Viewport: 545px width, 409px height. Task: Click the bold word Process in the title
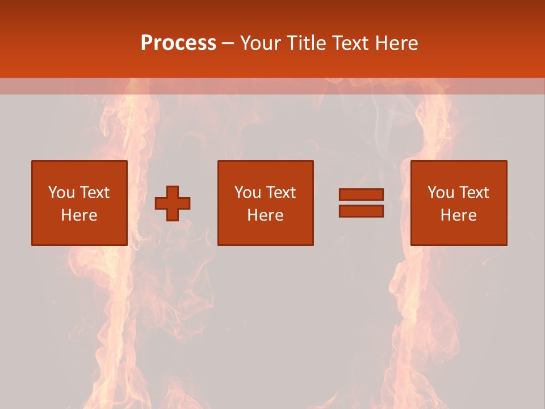pyautogui.click(x=178, y=43)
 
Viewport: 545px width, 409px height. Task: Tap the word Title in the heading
pyautogui.click(x=308, y=43)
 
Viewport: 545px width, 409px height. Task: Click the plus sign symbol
pyautogui.click(x=173, y=203)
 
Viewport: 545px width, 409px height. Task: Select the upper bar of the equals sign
pyautogui.click(x=361, y=195)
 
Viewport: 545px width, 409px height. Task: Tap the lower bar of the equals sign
pyautogui.click(x=361, y=211)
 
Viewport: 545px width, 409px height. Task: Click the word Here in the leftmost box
pyautogui.click(x=79, y=215)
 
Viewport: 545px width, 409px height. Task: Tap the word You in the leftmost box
pyautogui.click(x=61, y=193)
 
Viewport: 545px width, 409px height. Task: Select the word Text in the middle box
pyautogui.click(x=280, y=193)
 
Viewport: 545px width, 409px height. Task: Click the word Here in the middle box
pyautogui.click(x=265, y=215)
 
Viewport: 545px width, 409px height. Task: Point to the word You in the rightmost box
pyautogui.click(x=441, y=193)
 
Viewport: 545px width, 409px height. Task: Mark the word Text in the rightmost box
pyautogui.click(x=473, y=193)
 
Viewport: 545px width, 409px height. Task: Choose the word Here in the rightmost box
pyautogui.click(x=458, y=215)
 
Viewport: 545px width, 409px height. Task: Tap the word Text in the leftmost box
pyautogui.click(x=94, y=193)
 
